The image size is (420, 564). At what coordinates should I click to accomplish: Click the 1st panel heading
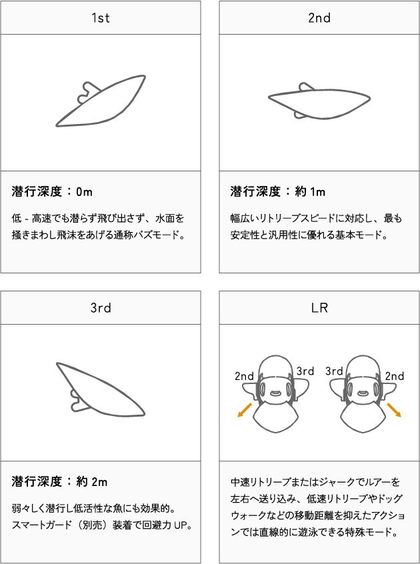101,18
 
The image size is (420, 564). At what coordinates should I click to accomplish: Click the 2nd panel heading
319,18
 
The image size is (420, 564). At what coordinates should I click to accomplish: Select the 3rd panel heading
101,308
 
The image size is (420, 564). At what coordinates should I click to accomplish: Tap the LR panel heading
319,308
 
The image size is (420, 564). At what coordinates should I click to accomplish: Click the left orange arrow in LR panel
245,411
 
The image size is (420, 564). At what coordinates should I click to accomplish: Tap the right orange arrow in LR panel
394,410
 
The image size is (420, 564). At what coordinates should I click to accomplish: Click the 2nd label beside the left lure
244,376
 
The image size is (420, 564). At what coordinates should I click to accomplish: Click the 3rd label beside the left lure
305,371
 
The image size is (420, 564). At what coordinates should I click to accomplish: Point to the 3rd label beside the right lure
334,371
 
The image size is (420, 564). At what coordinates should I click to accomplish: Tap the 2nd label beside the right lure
395,376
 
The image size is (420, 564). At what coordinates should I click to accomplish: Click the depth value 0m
84,192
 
